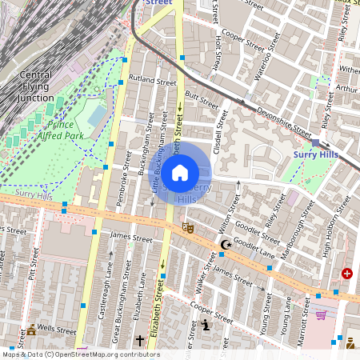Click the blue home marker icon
pyautogui.click(x=180, y=172)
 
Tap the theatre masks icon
pyautogui.click(x=189, y=227)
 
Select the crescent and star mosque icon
pyautogui.click(x=226, y=244)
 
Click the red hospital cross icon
pyautogui.click(x=346, y=274)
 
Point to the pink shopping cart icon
pyautogui.click(x=321, y=315)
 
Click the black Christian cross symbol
pyautogui.click(x=140, y=341)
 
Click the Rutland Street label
pyautogui.click(x=151, y=81)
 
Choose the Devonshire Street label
pyautogui.click(x=280, y=118)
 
